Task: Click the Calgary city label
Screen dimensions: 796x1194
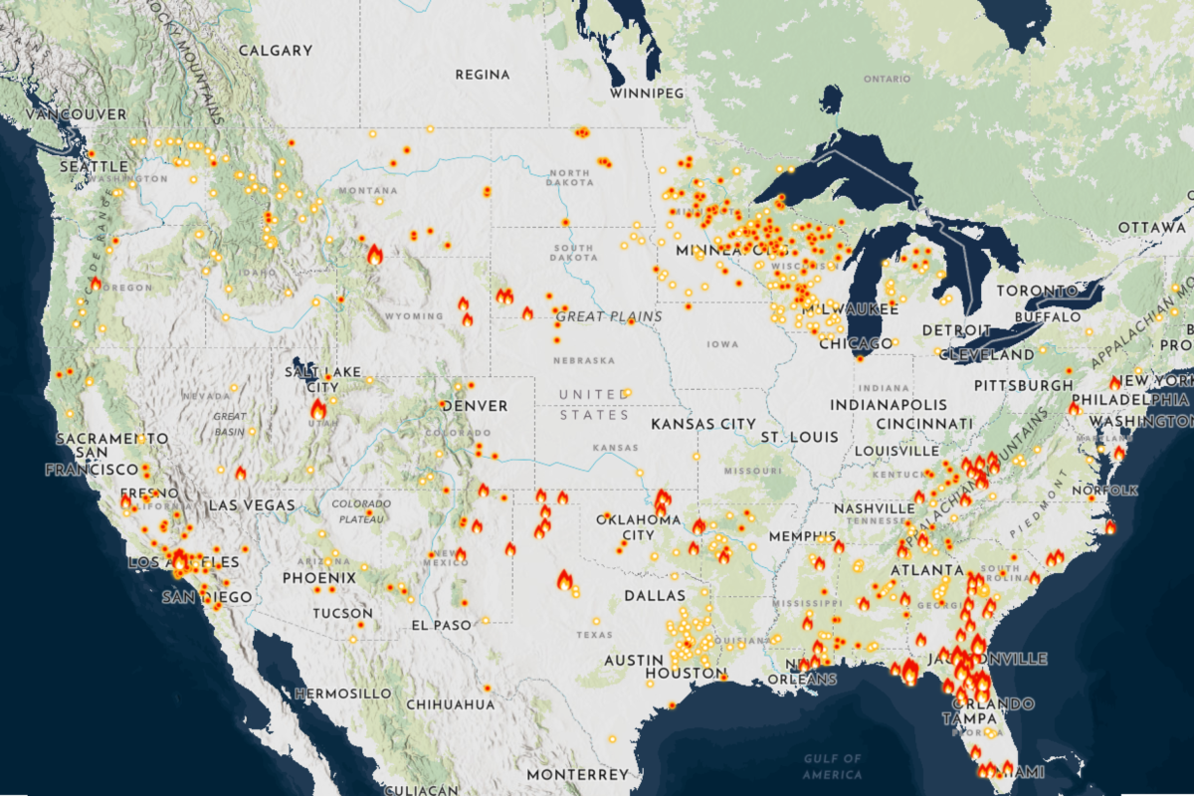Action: (276, 51)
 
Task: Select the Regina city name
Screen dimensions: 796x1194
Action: (483, 75)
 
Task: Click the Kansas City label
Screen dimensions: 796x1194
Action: (703, 424)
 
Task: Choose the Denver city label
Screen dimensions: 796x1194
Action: (474, 406)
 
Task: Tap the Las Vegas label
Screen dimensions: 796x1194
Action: (252, 505)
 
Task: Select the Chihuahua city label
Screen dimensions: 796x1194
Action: (451, 704)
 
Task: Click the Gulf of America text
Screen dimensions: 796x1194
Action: (833, 767)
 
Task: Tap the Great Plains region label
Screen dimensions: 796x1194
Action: (596, 316)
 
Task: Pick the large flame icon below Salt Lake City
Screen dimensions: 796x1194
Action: (318, 410)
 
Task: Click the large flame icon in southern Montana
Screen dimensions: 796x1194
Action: (375, 255)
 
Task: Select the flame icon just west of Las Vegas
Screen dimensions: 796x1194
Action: (240, 473)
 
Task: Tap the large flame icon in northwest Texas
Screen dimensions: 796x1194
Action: (564, 581)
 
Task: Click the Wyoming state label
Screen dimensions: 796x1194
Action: (415, 316)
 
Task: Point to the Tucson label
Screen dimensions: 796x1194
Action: (342, 614)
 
